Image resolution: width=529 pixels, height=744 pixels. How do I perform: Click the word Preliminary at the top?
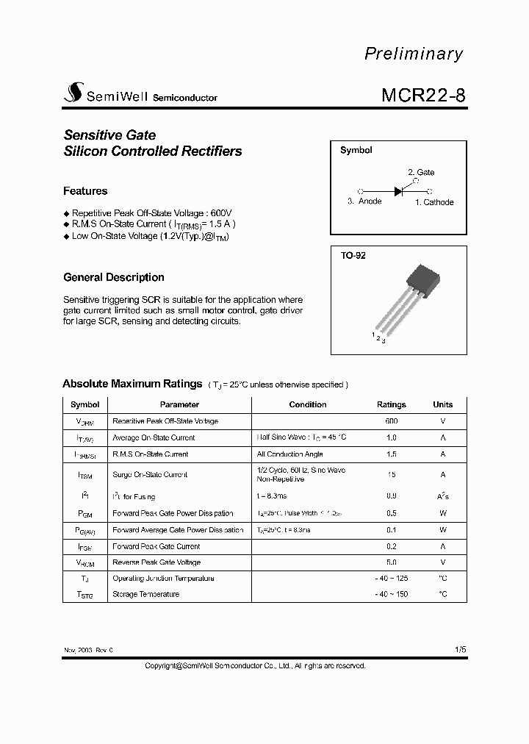point(414,54)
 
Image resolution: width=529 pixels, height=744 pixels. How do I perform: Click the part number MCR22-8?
point(422,96)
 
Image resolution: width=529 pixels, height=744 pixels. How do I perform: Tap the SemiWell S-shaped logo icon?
point(73,93)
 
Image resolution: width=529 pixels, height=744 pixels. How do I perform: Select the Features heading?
point(85,191)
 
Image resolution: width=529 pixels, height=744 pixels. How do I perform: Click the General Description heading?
point(114,277)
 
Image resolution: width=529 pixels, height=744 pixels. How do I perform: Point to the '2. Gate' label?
point(421,172)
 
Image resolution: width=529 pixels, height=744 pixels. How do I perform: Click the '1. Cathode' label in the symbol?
point(434,202)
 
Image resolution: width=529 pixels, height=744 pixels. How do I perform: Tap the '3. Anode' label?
point(364,201)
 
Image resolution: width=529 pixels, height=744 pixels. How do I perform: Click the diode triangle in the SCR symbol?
point(399,190)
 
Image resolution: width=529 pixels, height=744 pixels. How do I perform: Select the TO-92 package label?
point(353,256)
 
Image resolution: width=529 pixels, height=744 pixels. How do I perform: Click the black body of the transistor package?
point(424,279)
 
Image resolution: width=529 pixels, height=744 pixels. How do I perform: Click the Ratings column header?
point(391,404)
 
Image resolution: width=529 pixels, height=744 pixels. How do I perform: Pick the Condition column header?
point(308,404)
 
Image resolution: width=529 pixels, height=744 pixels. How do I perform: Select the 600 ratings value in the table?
point(391,421)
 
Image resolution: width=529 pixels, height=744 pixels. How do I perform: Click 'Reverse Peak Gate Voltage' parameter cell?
point(156,562)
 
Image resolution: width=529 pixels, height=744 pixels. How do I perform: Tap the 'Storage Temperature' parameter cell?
point(145,594)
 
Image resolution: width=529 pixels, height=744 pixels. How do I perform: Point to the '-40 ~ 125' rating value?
point(391,579)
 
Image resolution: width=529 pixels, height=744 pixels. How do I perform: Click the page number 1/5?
point(460,650)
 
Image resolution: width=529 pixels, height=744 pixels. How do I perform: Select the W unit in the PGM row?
point(442,513)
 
